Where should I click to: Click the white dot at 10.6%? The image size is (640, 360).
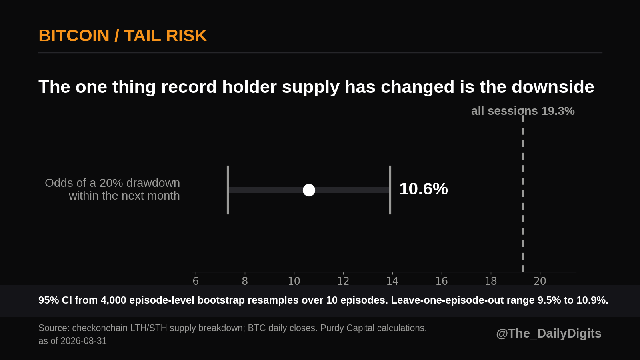click(309, 190)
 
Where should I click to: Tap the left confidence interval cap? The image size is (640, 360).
click(228, 190)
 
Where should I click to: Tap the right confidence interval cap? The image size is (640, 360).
click(390, 190)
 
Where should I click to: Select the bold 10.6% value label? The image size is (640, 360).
click(424, 189)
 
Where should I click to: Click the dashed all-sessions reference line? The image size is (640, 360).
click(523, 194)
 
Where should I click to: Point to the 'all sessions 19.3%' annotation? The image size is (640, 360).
click(523, 111)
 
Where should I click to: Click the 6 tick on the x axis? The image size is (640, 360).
click(196, 281)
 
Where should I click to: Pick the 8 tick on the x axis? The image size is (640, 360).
click(245, 281)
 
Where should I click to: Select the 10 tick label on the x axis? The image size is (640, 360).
click(294, 281)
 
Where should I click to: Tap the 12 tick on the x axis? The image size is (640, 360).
click(343, 281)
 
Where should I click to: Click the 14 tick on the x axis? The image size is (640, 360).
click(392, 281)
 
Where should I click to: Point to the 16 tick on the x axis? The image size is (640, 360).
click(442, 281)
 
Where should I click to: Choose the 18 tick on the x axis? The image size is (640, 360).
click(491, 281)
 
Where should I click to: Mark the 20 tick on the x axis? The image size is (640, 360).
click(540, 281)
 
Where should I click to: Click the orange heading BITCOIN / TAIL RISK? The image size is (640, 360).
click(122, 36)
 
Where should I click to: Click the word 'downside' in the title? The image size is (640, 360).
click(553, 86)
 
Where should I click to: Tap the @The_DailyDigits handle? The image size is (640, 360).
click(548, 334)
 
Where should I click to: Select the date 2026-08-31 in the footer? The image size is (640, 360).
click(84, 341)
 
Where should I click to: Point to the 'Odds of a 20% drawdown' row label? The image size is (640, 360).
click(112, 183)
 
